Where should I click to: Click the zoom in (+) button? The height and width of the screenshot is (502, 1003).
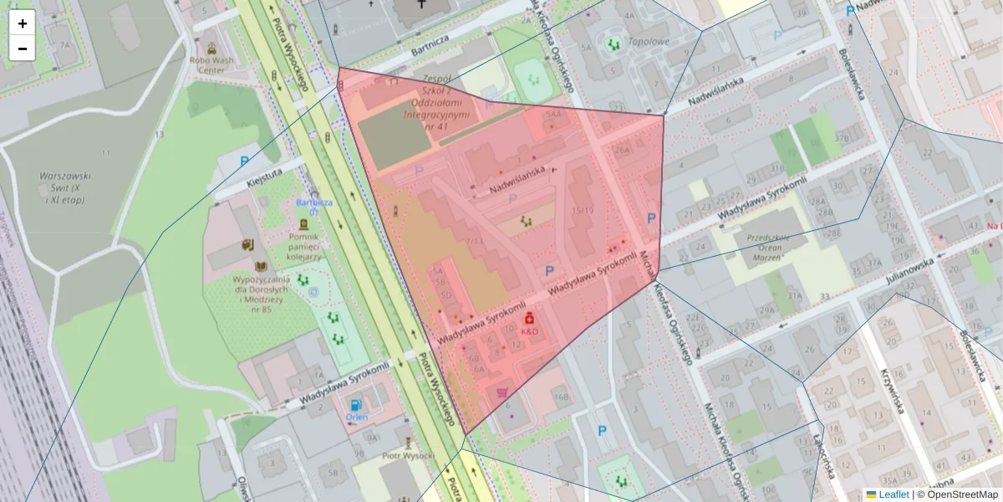(23, 23)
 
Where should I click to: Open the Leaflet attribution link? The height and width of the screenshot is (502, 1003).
(893, 494)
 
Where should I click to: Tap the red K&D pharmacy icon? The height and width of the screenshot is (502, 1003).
(529, 319)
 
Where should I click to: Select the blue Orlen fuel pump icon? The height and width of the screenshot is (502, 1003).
(356, 406)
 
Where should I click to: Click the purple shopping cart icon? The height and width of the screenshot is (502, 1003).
(502, 392)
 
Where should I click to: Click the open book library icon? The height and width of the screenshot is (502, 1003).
(247, 244)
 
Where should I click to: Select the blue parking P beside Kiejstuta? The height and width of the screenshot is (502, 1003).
(245, 161)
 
